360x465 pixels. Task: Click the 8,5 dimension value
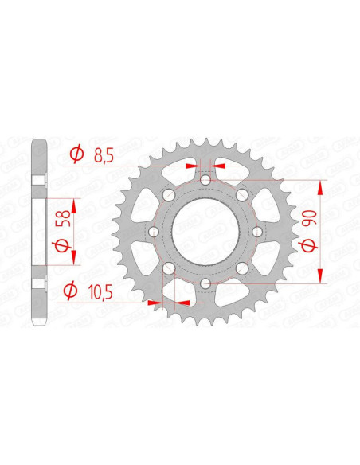pyautogui.click(x=104, y=155)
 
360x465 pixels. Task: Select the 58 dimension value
pyautogui.click(x=65, y=218)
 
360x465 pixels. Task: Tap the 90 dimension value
pyautogui.click(x=308, y=218)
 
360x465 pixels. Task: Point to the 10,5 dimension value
pyautogui.click(x=100, y=293)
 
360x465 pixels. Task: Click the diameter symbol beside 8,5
pyautogui.click(x=76, y=154)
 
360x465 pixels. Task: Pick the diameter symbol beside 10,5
pyautogui.click(x=71, y=291)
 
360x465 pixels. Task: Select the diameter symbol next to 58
pyautogui.click(x=61, y=246)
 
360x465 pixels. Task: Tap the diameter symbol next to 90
pyautogui.click(x=308, y=246)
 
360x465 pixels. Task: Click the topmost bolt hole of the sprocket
pyautogui.click(x=205, y=180)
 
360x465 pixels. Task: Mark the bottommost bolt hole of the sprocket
pyautogui.click(x=205, y=283)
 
